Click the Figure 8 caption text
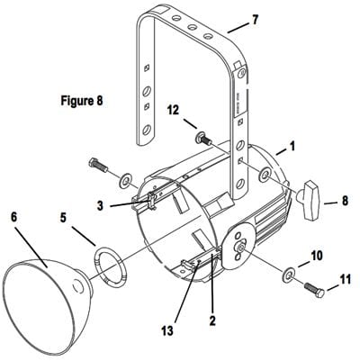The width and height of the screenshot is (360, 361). (x=82, y=101)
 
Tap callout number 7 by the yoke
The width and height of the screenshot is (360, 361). (x=255, y=20)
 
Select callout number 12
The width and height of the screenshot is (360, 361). (x=173, y=110)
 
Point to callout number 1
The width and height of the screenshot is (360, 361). (x=292, y=147)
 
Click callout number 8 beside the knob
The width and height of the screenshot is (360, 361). (x=345, y=201)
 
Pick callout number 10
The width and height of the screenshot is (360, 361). (x=317, y=256)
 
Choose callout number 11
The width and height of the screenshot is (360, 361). (x=345, y=280)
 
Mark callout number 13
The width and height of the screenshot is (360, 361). (x=167, y=331)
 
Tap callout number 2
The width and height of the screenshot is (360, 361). (x=212, y=321)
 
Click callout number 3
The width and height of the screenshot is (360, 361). (x=101, y=206)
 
